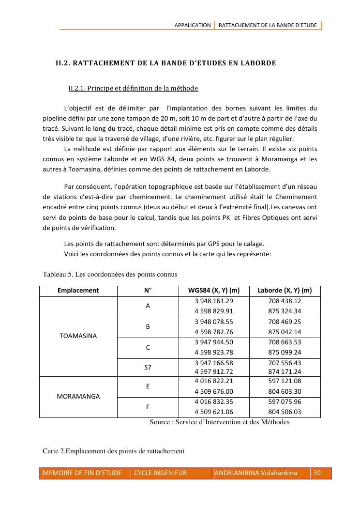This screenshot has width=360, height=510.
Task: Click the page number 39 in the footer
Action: (x=317, y=473)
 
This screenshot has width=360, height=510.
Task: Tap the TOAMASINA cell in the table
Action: (x=78, y=335)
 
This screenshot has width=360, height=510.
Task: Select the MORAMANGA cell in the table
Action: (x=78, y=396)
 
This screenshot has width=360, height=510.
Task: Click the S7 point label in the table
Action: (x=148, y=367)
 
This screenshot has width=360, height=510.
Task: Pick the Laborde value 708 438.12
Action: (x=285, y=301)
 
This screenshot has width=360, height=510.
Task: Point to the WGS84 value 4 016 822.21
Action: (x=213, y=381)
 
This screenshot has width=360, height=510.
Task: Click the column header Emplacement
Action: (x=78, y=291)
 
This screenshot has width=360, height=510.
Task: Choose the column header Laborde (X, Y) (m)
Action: (x=285, y=291)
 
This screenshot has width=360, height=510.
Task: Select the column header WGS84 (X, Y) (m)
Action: (x=213, y=291)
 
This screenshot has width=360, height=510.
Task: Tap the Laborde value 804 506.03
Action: (x=285, y=412)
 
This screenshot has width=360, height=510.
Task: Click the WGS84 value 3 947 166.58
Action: (x=213, y=362)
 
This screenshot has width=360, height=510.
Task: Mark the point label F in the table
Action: (x=148, y=407)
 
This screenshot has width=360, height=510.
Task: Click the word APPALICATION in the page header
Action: (x=193, y=25)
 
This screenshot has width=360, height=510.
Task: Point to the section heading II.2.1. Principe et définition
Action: (x=133, y=88)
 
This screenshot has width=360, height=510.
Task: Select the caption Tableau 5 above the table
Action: (x=110, y=274)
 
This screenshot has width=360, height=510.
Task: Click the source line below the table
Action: (x=219, y=422)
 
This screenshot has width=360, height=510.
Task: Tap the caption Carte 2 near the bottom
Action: (x=114, y=451)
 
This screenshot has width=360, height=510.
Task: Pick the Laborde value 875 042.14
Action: (x=285, y=332)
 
